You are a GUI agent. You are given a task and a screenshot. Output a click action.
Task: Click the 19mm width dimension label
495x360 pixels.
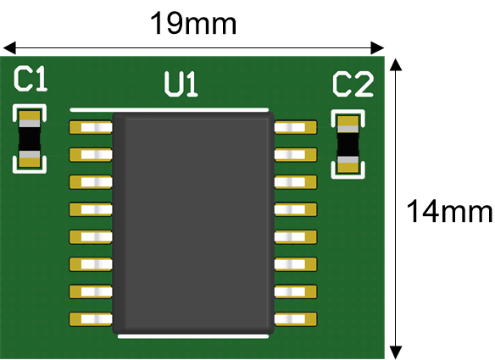tap(193, 24)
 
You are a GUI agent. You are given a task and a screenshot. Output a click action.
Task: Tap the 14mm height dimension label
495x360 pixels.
tap(449, 211)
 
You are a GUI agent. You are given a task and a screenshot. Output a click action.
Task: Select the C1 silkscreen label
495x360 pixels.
tap(31, 79)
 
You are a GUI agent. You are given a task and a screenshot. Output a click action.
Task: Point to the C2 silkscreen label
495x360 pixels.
tap(353, 84)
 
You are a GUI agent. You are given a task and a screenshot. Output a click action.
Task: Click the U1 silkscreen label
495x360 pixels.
tap(181, 84)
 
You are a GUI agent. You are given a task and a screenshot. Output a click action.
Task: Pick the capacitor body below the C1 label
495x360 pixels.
tap(30, 139)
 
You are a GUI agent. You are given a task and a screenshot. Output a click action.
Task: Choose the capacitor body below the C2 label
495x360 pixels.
tap(348, 145)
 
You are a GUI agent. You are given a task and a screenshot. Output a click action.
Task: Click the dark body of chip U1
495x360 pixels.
tap(193, 223)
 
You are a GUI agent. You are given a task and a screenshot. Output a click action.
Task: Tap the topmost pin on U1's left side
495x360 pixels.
tap(91, 127)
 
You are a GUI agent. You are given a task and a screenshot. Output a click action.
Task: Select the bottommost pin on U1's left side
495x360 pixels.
tap(91, 319)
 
